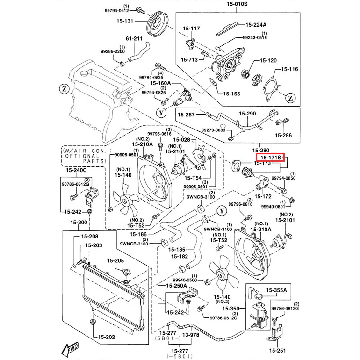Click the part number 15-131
point(125,21)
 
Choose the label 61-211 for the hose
point(134,39)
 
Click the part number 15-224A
point(256,25)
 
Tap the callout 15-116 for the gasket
point(289,69)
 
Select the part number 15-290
point(247,114)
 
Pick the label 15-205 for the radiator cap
point(115,260)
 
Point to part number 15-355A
point(276,291)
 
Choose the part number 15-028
point(182,140)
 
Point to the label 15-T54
point(193,178)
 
